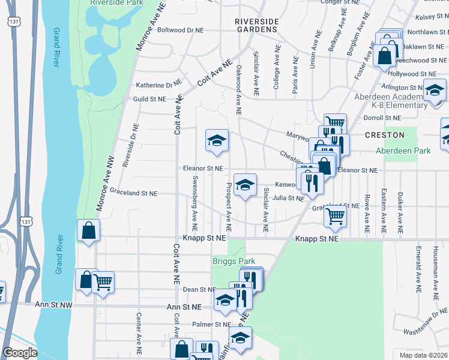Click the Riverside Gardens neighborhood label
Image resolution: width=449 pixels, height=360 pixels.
point(257,25)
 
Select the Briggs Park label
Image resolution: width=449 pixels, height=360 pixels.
point(234,261)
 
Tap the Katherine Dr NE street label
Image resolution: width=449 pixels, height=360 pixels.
point(158,85)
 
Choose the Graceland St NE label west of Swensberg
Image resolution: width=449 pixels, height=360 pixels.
point(133,193)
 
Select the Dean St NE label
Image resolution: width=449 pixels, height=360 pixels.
point(195,289)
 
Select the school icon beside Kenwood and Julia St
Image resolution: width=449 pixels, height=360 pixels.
point(245,185)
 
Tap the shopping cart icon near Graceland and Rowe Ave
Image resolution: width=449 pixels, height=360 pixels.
point(335,216)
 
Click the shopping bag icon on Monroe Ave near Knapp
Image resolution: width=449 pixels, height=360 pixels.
point(88,230)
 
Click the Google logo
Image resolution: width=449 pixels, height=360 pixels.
point(20,353)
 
